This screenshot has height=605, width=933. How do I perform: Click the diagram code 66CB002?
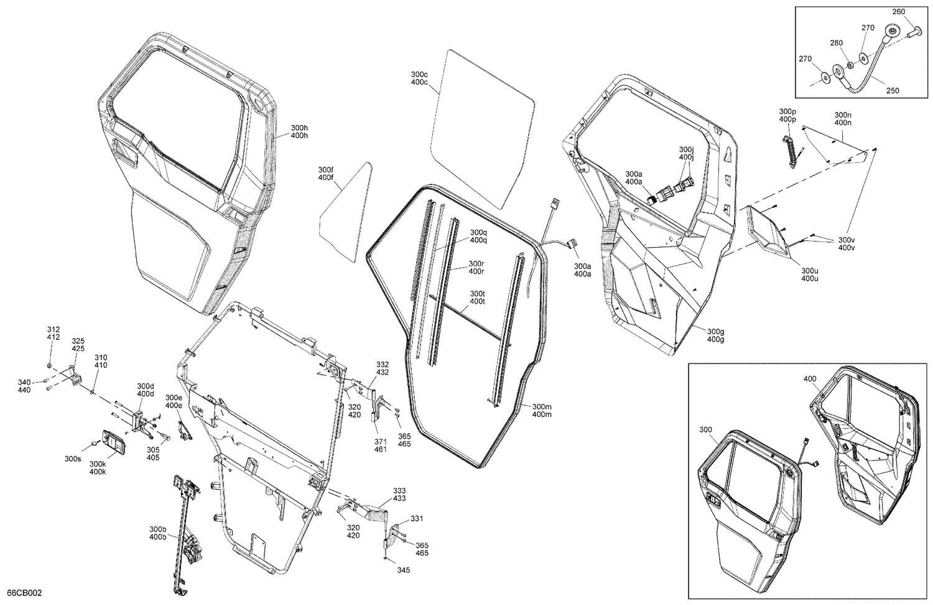tap(24, 593)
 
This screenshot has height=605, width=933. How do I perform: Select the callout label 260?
tap(899, 11)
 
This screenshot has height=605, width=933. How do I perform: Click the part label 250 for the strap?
tap(892, 90)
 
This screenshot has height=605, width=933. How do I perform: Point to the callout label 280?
tap(837, 43)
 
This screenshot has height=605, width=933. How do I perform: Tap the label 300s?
tap(73, 459)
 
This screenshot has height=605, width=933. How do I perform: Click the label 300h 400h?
tap(299, 131)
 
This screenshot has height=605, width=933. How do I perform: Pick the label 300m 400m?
tap(542, 410)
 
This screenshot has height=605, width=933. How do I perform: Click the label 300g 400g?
tap(715, 335)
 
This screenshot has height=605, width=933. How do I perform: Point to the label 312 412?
tap(53, 333)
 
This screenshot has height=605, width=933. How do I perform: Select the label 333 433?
tap(399, 494)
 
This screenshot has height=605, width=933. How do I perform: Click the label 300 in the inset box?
tap(705, 429)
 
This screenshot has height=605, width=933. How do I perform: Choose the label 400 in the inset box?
tap(810, 378)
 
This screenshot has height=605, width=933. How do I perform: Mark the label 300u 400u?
tap(809, 274)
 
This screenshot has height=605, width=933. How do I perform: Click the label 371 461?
tap(381, 445)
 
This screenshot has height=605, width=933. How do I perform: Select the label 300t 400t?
tap(477, 297)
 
